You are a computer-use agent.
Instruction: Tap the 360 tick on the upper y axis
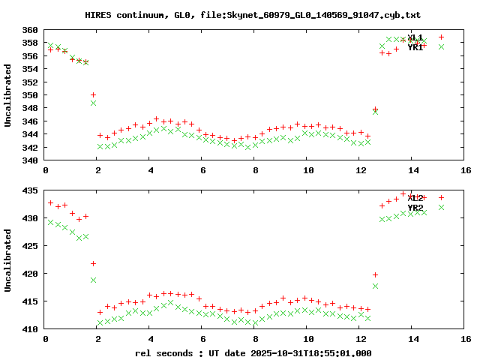[30, 30]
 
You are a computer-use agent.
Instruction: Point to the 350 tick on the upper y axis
[30, 95]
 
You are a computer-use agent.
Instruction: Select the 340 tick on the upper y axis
[30, 160]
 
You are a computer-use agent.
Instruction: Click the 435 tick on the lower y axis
[30, 191]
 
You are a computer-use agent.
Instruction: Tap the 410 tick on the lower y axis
[30, 329]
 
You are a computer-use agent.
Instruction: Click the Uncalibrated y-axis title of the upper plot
[8, 95]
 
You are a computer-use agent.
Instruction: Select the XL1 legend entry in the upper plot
[415, 37]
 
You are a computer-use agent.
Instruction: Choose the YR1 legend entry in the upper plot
[415, 47]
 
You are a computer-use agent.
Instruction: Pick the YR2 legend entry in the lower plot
[415, 208]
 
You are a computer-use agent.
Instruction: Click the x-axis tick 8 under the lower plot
[256, 339]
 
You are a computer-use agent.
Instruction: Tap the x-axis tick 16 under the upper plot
[466, 170]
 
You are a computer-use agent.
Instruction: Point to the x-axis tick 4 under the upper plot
[151, 170]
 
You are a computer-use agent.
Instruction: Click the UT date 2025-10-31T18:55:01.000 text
[311, 352]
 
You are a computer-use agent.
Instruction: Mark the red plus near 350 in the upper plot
[93, 95]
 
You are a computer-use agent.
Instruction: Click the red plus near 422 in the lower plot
[93, 263]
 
